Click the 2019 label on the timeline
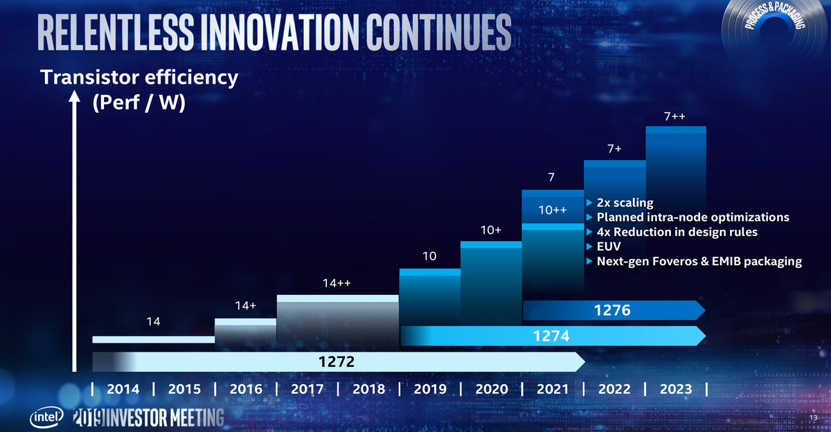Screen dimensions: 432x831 [429, 389]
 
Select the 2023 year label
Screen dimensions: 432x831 [674, 389]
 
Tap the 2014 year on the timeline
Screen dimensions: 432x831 [123, 389]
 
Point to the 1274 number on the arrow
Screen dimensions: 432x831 [551, 336]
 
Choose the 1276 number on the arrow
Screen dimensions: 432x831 [612, 311]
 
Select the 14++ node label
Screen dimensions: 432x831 [337, 283]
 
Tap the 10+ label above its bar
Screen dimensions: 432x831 [490, 229]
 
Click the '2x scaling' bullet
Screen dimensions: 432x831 [624, 203]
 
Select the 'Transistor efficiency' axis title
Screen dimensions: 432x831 [139, 78]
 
